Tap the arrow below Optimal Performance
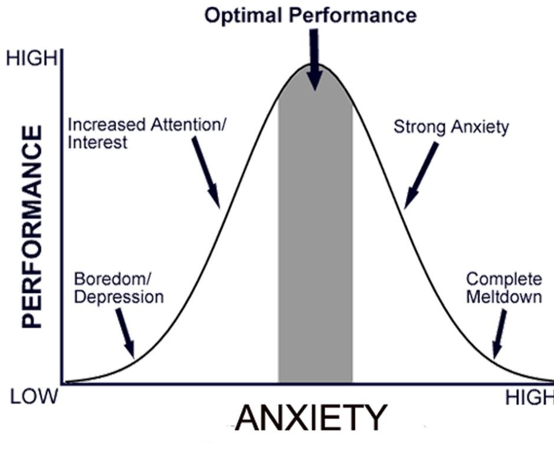pyautogui.click(x=314, y=59)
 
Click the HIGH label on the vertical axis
pyautogui.click(x=32, y=59)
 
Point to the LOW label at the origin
pyautogui.click(x=34, y=396)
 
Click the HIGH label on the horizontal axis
pyautogui.click(x=529, y=399)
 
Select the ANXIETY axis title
pyautogui.click(x=311, y=418)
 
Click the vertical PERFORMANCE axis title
pyautogui.click(x=32, y=227)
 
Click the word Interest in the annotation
pyautogui.click(x=97, y=142)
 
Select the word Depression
pyautogui.click(x=119, y=296)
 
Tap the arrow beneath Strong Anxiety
pyautogui.click(x=421, y=175)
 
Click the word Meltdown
pyautogui.click(x=504, y=296)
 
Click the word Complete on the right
pyautogui.click(x=504, y=279)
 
